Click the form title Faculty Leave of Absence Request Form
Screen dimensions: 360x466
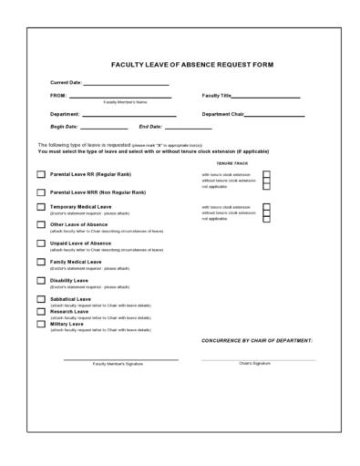click(x=191, y=65)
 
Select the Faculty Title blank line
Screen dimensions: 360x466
click(x=265, y=96)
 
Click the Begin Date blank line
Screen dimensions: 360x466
click(x=104, y=128)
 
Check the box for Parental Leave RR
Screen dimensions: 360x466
click(x=41, y=174)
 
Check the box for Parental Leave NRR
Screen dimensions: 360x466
click(x=41, y=192)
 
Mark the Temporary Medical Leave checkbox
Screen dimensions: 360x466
click(x=41, y=208)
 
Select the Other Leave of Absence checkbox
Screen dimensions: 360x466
click(x=41, y=225)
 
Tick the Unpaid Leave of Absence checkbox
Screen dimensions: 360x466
click(x=41, y=243)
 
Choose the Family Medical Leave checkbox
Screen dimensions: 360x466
click(x=41, y=263)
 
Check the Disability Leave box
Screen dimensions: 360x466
click(x=41, y=281)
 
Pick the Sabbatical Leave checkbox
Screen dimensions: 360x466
click(x=41, y=299)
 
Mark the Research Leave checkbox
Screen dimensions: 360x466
click(x=41, y=311)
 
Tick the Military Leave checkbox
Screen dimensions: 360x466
click(x=41, y=324)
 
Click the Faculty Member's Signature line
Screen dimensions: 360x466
click(x=120, y=359)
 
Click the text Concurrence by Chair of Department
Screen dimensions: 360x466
click(x=256, y=340)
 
